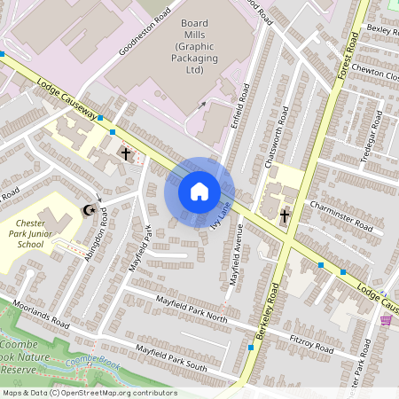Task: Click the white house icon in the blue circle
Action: click(199, 191)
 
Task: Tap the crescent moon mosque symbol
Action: click(88, 210)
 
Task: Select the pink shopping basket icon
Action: click(386, 319)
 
